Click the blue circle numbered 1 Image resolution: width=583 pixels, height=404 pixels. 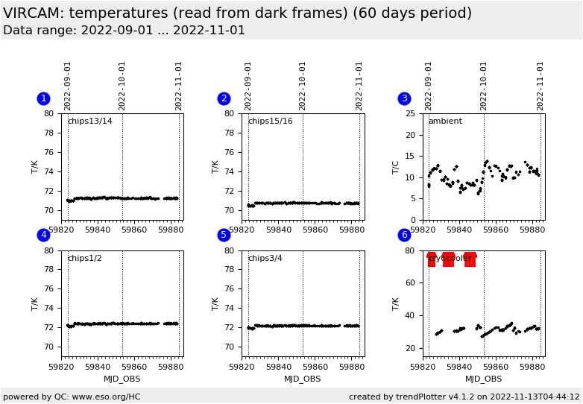(43, 98)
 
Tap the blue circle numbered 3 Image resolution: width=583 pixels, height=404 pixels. (404, 98)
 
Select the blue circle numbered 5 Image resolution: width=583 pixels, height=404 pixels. (224, 235)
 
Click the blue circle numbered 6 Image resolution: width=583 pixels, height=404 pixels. (404, 235)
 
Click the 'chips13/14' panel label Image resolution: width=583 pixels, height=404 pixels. (89, 121)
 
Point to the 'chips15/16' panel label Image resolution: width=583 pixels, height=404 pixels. (270, 121)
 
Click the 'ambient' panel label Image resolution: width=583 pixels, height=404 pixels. (444, 121)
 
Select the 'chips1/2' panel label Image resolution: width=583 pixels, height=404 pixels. (84, 259)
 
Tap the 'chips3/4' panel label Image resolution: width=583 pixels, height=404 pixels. (265, 259)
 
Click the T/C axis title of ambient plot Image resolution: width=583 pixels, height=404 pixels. (395, 167)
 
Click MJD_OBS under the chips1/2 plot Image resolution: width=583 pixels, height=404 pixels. (122, 379)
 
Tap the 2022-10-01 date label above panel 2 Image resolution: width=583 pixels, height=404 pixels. (303, 86)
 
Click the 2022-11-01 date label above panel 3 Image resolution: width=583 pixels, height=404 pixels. (540, 86)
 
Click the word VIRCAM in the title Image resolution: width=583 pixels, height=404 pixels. (34, 13)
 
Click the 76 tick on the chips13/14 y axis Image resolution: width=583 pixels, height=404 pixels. (48, 152)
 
